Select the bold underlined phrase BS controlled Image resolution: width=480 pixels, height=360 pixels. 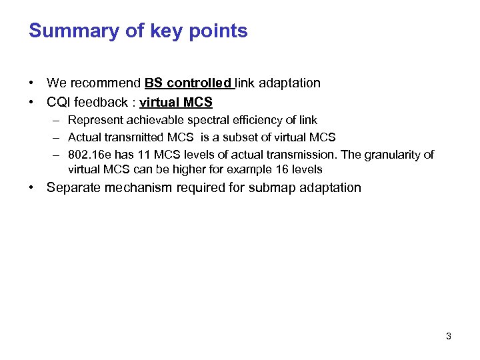[187, 83]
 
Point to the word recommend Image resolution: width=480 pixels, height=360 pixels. [104, 83]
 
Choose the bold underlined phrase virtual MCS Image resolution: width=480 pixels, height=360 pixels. [176, 103]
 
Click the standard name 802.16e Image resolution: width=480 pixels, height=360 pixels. [89, 155]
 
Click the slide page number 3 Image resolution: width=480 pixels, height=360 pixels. [448, 337]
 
